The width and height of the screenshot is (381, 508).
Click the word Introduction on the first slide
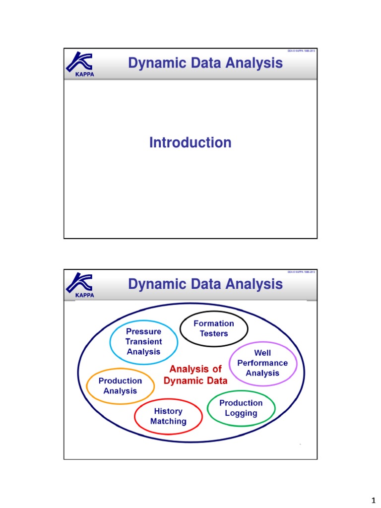pyautogui.click(x=190, y=143)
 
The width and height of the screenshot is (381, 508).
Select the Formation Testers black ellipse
pyautogui.click(x=213, y=328)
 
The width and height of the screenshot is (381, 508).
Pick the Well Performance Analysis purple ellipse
pyautogui.click(x=262, y=363)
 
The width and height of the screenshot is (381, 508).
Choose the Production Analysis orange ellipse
pyautogui.click(x=120, y=386)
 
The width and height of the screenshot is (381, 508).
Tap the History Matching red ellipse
pyautogui.click(x=168, y=416)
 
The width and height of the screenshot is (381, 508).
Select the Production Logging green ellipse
pyautogui.click(x=241, y=408)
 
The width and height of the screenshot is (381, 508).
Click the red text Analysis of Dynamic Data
pyautogui.click(x=195, y=375)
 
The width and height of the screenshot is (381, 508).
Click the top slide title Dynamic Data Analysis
pyautogui.click(x=205, y=63)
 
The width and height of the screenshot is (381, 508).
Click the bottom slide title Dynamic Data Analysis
pyautogui.click(x=205, y=284)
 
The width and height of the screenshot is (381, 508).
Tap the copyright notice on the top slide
pyautogui.click(x=301, y=51)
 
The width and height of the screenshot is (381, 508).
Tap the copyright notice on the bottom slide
pyautogui.click(x=301, y=272)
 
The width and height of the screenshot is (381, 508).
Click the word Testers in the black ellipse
pyautogui.click(x=214, y=333)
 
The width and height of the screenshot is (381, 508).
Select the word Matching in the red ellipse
pyautogui.click(x=168, y=421)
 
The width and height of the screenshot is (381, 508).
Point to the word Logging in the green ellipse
pyautogui.click(x=241, y=413)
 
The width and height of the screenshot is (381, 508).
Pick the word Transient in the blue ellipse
pyautogui.click(x=143, y=341)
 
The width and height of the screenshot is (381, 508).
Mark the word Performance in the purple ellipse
pyautogui.click(x=262, y=363)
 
